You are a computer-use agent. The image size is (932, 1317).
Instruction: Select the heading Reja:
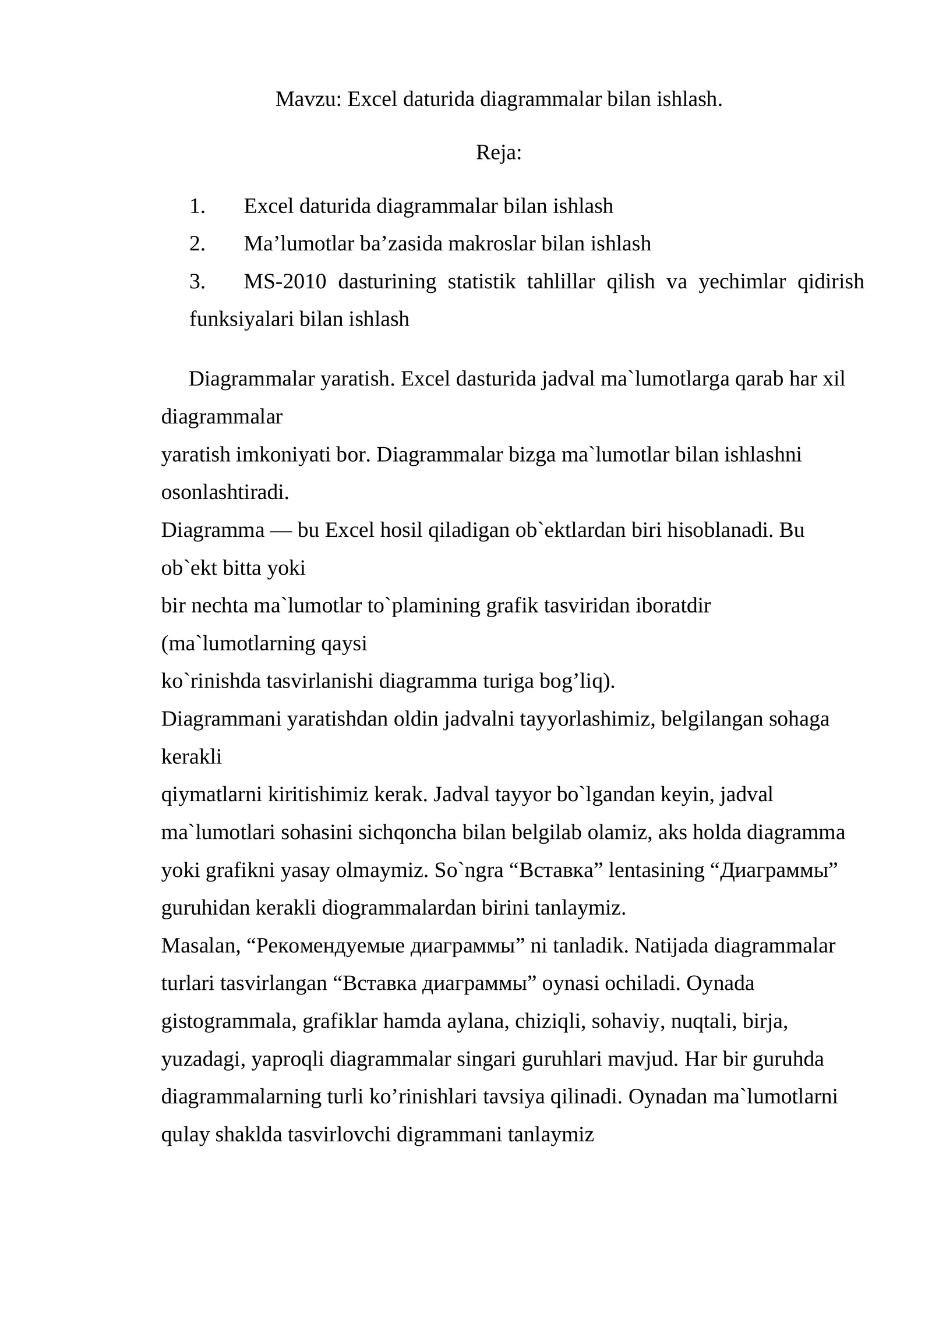click(x=499, y=153)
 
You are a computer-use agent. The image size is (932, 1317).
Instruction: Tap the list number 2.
click(x=197, y=244)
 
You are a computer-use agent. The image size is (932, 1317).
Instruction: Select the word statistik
click(x=481, y=282)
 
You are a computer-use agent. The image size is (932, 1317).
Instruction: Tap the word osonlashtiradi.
click(x=225, y=493)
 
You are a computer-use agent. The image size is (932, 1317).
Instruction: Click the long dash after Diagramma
click(x=281, y=530)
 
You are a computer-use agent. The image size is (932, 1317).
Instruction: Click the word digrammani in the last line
click(x=449, y=1135)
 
